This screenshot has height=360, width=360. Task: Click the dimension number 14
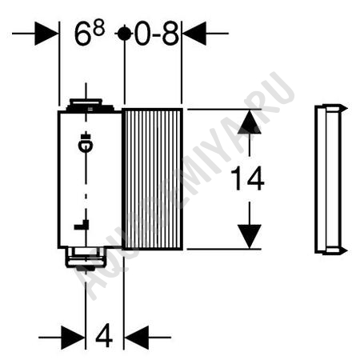(x=247, y=178)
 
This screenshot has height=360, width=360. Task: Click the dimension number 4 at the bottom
(x=104, y=337)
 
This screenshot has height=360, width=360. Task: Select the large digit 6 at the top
(x=82, y=34)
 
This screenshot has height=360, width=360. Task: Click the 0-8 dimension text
(x=157, y=34)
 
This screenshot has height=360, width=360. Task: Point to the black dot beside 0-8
(x=124, y=34)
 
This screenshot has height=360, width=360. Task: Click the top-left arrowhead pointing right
(x=46, y=34)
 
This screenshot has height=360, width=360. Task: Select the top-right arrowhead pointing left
(x=194, y=34)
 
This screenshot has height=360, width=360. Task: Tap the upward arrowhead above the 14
(x=250, y=122)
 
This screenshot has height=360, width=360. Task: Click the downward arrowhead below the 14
(x=250, y=237)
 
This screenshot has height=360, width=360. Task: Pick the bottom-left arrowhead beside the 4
(x=73, y=338)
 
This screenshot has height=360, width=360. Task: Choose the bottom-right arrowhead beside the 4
(x=137, y=338)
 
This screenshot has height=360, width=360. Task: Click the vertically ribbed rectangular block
(x=152, y=179)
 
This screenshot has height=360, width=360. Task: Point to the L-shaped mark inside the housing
(x=82, y=225)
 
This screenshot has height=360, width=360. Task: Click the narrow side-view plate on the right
(x=330, y=178)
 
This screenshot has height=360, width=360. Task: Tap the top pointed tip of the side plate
(x=347, y=108)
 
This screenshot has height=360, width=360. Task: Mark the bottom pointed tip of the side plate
(x=347, y=250)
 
